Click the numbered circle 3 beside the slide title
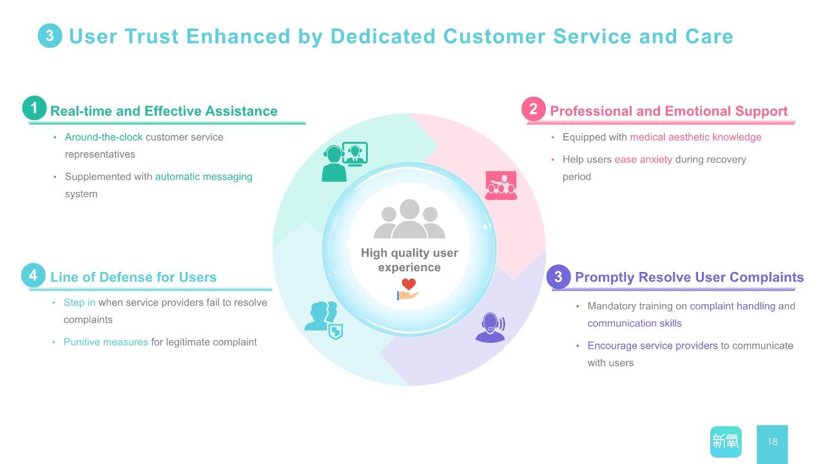[x=50, y=35]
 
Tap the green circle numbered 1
[x=34, y=108]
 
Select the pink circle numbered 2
[x=533, y=109]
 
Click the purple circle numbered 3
[x=558, y=276]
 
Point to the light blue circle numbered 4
[x=33, y=275]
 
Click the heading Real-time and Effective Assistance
[x=164, y=111]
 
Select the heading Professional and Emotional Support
[x=669, y=111]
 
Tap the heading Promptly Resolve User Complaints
[x=689, y=277]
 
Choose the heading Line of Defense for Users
[x=133, y=277]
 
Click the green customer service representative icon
[x=345, y=162]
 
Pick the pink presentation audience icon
[x=501, y=185]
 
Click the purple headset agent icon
[x=490, y=327]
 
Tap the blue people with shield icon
[x=324, y=320]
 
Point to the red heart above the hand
[x=409, y=284]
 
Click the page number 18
[x=773, y=441]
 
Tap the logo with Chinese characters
[x=726, y=441]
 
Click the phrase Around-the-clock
[x=104, y=137]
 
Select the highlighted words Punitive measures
[x=106, y=342]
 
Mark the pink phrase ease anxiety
[x=643, y=159]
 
